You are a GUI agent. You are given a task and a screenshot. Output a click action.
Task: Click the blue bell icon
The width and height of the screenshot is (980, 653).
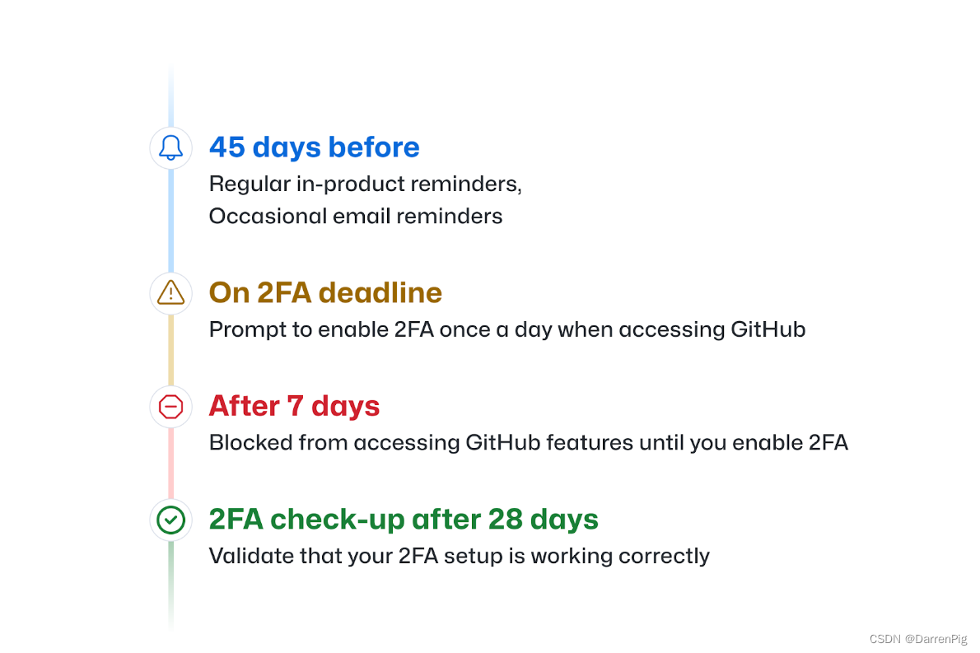(170, 147)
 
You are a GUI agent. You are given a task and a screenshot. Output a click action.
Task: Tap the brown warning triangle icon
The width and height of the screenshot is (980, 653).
(170, 292)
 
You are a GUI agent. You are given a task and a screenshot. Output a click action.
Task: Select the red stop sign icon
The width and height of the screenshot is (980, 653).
(170, 406)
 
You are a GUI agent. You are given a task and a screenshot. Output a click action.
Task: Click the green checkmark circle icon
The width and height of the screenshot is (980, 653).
(170, 520)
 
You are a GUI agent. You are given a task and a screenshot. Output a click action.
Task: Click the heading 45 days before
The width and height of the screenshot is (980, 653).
(314, 147)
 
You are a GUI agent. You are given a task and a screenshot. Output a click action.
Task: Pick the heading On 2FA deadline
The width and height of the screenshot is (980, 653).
(325, 292)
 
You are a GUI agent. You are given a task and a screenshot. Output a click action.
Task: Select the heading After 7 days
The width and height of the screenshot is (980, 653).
(294, 406)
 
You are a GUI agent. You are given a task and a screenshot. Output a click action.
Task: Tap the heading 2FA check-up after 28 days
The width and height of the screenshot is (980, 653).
(404, 520)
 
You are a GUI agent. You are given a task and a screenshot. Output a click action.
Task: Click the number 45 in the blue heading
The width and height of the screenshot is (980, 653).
(228, 147)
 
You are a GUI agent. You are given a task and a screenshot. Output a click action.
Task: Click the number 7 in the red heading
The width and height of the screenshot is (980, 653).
(295, 406)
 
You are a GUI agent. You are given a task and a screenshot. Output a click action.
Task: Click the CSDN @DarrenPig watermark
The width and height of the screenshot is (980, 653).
(918, 639)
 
